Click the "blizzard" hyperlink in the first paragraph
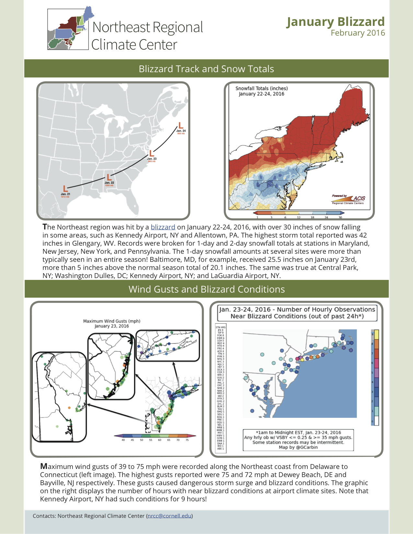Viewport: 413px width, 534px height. click(x=163, y=227)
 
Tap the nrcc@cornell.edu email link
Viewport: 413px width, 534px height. click(x=169, y=516)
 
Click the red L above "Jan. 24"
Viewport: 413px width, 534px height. click(x=181, y=125)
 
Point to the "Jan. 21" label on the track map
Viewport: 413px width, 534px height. click(x=65, y=194)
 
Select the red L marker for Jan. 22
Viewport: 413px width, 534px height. click(x=109, y=177)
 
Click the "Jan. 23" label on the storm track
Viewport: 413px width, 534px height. click(x=152, y=159)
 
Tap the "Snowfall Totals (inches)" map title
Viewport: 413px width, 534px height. click(x=261, y=88)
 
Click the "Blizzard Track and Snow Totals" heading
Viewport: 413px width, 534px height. click(x=206, y=69)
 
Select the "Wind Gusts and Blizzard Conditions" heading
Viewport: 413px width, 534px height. click(x=207, y=289)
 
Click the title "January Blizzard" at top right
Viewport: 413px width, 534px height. click(x=335, y=22)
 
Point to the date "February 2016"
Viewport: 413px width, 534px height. click(x=358, y=33)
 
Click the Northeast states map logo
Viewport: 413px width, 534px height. click(x=68, y=29)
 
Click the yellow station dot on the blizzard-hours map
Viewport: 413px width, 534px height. click(x=302, y=359)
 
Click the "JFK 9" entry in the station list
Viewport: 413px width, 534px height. click(x=221, y=330)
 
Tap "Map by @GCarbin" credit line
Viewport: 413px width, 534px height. click(x=298, y=447)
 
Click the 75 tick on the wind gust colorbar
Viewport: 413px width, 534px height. click(x=187, y=440)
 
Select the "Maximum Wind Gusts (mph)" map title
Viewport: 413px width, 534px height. click(x=112, y=321)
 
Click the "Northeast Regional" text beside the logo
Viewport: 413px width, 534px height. click(x=147, y=27)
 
